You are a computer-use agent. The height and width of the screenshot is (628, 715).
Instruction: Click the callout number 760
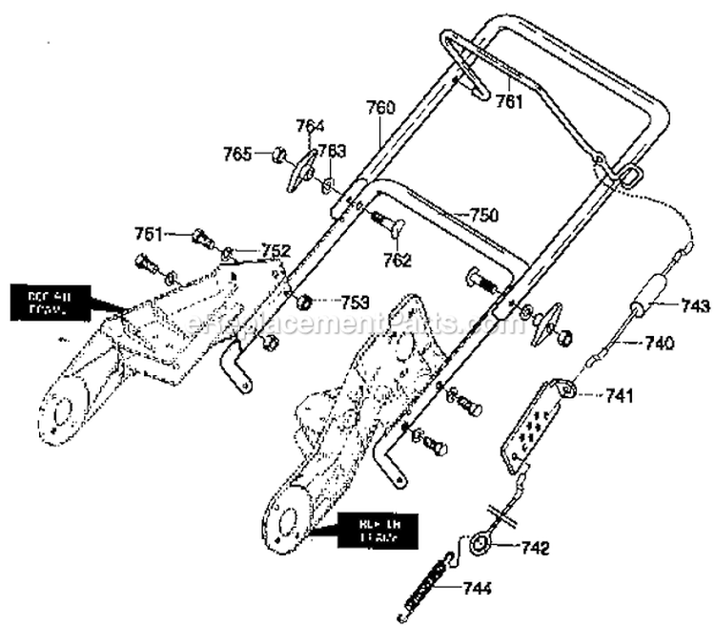pos(380,109)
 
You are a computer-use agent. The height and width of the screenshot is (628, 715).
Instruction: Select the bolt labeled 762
pos(391,226)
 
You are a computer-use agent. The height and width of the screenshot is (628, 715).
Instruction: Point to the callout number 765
pos(237,153)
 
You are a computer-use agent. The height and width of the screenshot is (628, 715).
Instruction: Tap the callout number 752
pos(275,251)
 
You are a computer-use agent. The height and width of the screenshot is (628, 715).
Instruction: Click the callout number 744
pos(478,588)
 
